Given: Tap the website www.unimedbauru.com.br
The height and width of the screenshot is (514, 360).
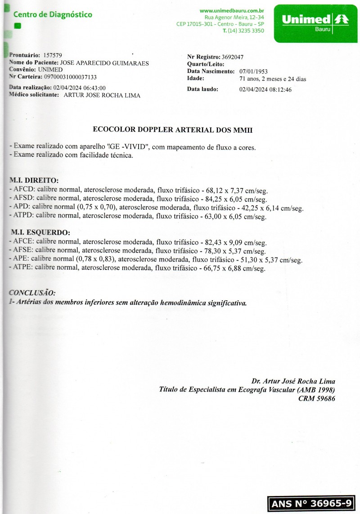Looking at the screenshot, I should click(232, 10).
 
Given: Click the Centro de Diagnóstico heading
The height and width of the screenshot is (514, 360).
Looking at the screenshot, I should click(53, 15).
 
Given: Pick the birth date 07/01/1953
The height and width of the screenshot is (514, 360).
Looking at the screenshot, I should click(254, 72).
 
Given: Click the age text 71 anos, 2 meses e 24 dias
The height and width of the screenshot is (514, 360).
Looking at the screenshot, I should click(273, 79).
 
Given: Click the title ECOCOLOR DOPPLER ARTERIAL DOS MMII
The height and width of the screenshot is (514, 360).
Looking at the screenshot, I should click(173, 130).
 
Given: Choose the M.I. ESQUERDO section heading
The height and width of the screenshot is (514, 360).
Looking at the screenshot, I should click(40, 233).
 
